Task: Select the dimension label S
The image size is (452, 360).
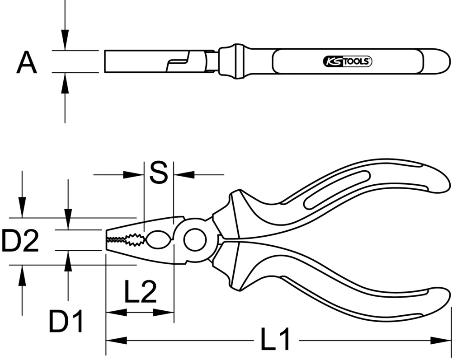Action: click(x=158, y=173)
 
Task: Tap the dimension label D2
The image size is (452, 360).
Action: click(x=20, y=241)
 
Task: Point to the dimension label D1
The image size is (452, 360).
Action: click(x=66, y=322)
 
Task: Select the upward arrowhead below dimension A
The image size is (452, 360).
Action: click(x=65, y=82)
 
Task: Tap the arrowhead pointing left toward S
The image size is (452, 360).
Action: click(x=184, y=174)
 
